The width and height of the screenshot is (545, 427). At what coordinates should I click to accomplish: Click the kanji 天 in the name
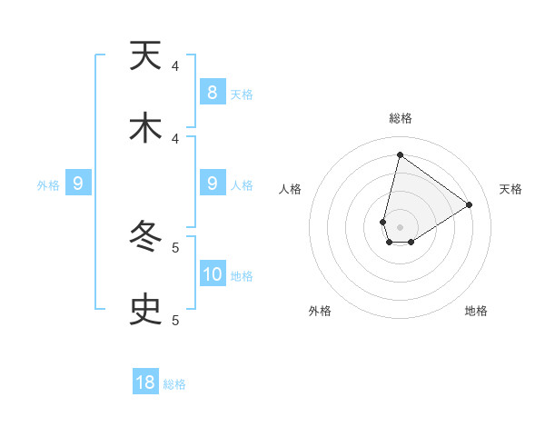pyautogui.click(x=145, y=56)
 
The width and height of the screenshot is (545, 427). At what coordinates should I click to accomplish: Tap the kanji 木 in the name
pyautogui.click(x=145, y=129)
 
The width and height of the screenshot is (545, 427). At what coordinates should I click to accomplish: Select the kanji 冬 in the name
pyautogui.click(x=145, y=238)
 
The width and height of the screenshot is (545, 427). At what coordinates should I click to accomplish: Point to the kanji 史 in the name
pyautogui.click(x=145, y=311)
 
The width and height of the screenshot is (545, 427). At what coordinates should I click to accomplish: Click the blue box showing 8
pyautogui.click(x=213, y=92)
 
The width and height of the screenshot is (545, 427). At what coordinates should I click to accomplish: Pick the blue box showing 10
pyautogui.click(x=213, y=273)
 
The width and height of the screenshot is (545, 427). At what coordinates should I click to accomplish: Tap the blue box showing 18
pyautogui.click(x=145, y=382)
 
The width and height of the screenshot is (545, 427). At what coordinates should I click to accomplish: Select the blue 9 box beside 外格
pyautogui.click(x=78, y=184)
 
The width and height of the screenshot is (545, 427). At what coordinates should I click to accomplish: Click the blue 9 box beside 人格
pyautogui.click(x=213, y=184)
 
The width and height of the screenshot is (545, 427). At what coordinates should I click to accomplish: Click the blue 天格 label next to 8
pyautogui.click(x=242, y=94)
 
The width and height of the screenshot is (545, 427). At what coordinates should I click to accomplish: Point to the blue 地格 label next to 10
pyautogui.click(x=242, y=276)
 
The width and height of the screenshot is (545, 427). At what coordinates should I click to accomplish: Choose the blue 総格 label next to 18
pyautogui.click(x=174, y=384)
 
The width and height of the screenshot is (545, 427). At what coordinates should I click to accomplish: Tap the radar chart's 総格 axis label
pyautogui.click(x=400, y=119)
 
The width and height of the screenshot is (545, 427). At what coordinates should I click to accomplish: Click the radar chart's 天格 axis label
pyautogui.click(x=511, y=189)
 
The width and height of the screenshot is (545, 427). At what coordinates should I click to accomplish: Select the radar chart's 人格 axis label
pyautogui.click(x=291, y=189)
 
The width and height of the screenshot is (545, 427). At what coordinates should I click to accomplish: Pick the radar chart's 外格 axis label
pyautogui.click(x=320, y=311)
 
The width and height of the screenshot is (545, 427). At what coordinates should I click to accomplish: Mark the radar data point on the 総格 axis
pyautogui.click(x=400, y=155)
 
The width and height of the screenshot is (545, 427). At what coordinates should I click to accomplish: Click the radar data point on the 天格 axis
pyautogui.click(x=469, y=204)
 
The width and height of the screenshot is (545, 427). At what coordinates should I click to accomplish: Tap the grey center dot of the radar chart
pyautogui.click(x=400, y=227)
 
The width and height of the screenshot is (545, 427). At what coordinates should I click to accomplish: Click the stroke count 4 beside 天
pyautogui.click(x=175, y=66)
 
